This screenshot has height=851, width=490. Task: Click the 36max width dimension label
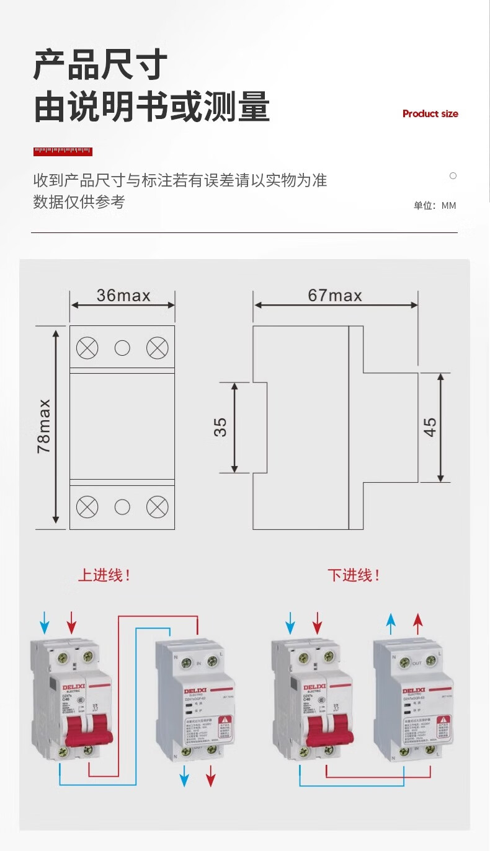[x=123, y=296]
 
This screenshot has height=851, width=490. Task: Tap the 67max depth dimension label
[x=335, y=296]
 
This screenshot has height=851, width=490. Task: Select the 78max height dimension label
[x=44, y=426]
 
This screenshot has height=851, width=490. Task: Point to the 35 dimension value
[x=221, y=427]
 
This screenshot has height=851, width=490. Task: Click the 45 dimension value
[x=430, y=427]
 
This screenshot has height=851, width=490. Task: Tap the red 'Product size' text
[x=430, y=113]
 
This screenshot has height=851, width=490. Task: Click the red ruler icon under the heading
[x=63, y=151]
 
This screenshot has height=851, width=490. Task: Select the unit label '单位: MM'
[x=435, y=206]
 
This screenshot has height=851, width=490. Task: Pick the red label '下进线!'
[x=354, y=575]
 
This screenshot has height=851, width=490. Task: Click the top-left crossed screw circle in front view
[x=87, y=348]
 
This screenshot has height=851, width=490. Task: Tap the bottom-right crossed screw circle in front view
[x=157, y=507]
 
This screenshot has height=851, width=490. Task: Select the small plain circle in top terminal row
[x=122, y=348]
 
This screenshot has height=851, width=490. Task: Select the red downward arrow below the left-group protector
[x=211, y=775]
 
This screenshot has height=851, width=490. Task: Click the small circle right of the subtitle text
[x=453, y=176]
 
